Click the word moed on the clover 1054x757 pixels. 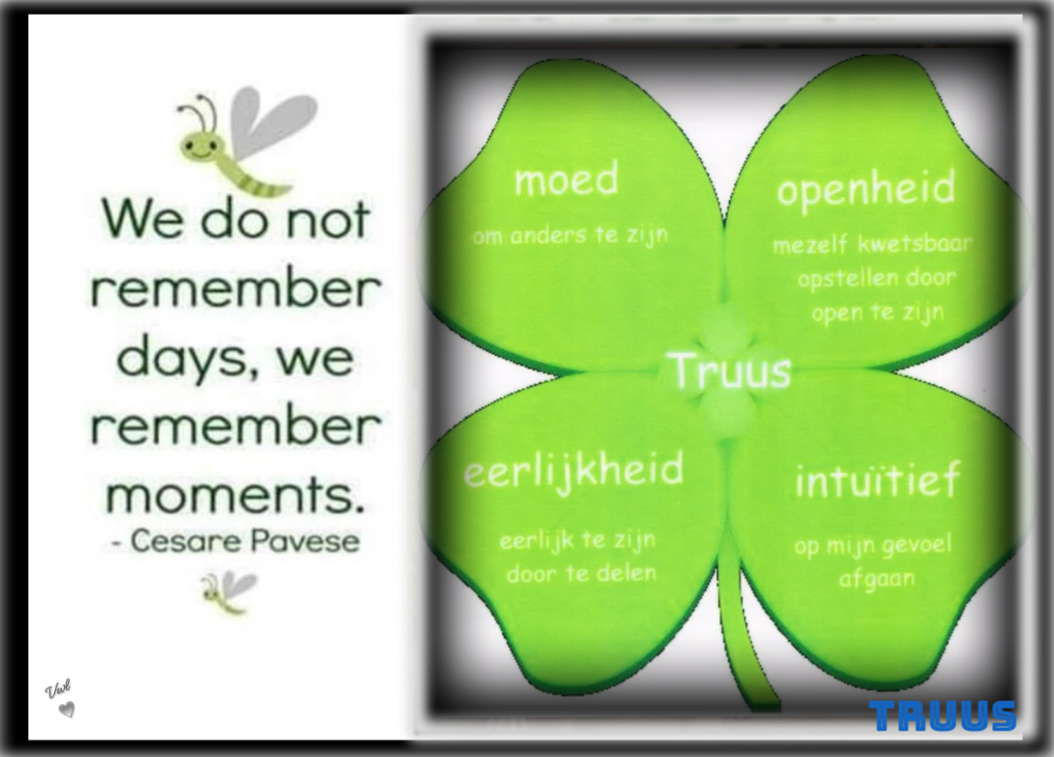tap(566, 179)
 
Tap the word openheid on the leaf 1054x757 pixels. tap(865, 189)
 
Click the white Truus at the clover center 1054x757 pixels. tap(732, 371)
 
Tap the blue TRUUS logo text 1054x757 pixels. tap(941, 716)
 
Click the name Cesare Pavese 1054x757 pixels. tap(244, 541)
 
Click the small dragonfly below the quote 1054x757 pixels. tap(229, 591)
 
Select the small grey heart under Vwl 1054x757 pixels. tap(66, 709)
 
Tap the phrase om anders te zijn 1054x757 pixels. tap(570, 235)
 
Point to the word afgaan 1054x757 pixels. tap(876, 579)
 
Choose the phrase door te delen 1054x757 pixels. tap(581, 573)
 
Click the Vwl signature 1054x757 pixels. tap(58, 689)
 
